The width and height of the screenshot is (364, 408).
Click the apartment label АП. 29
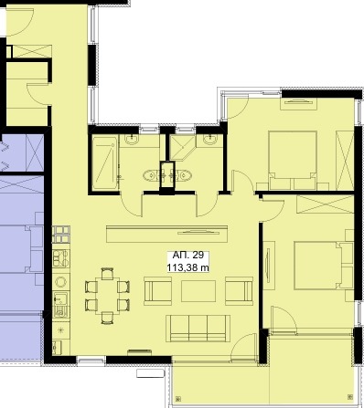tap(188, 255)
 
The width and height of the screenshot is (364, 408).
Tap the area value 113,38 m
tap(188, 267)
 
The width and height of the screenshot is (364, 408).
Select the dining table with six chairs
tap(107, 296)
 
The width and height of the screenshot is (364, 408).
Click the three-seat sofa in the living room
tap(198, 329)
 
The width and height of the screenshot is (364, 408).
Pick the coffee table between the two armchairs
tap(198, 291)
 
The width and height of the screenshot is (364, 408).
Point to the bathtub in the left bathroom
tap(105, 162)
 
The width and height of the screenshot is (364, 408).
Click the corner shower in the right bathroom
tap(182, 148)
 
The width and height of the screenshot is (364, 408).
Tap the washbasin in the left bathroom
tap(132, 140)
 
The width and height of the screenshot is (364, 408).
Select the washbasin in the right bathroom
tap(210, 140)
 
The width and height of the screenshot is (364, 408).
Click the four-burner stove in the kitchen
tap(61, 235)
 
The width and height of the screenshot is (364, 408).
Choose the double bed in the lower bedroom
tap(316, 265)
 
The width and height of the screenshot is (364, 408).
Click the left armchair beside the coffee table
tap(157, 291)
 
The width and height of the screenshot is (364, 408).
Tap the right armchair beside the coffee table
tap(239, 291)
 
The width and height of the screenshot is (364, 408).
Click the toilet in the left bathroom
tap(150, 175)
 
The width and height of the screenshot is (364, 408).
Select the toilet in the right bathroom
tap(184, 175)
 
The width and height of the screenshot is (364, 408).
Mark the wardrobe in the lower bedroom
tap(325, 204)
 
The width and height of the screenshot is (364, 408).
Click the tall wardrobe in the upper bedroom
tap(345, 161)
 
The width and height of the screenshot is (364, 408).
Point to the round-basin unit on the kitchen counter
tap(61, 282)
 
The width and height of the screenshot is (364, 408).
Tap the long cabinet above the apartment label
tap(167, 234)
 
